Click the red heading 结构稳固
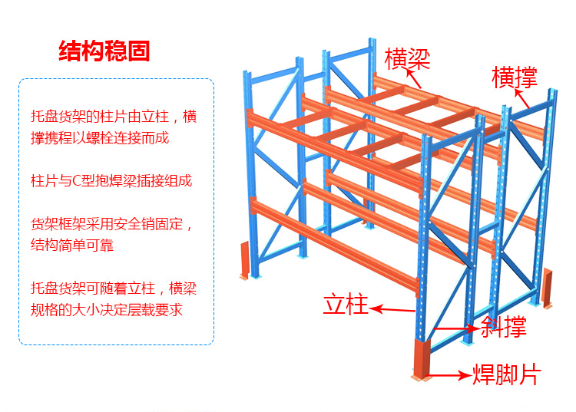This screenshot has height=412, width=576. point(104,51)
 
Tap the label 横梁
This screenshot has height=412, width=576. point(407,58)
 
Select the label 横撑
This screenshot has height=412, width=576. point(514,77)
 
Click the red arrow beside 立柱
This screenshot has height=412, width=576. point(392,310)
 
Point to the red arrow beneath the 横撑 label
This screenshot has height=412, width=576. point(522,97)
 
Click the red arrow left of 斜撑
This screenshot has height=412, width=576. point(456,328)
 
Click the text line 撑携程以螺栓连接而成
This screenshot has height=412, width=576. point(99,138)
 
